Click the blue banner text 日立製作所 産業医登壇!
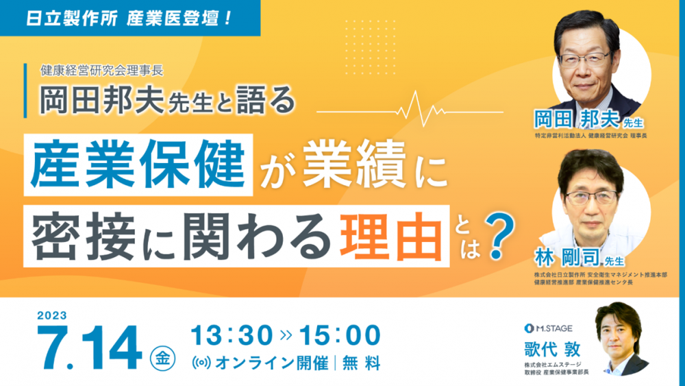click(129, 19)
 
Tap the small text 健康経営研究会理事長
click(102, 70)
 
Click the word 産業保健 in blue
click(138, 165)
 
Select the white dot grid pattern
click(371, 47)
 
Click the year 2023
click(52, 315)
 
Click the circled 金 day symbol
click(162, 359)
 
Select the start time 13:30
click(232, 335)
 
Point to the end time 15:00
click(340, 335)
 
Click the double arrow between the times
click(286, 335)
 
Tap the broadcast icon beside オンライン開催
click(201, 363)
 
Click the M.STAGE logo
click(548, 328)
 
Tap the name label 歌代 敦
click(553, 349)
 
